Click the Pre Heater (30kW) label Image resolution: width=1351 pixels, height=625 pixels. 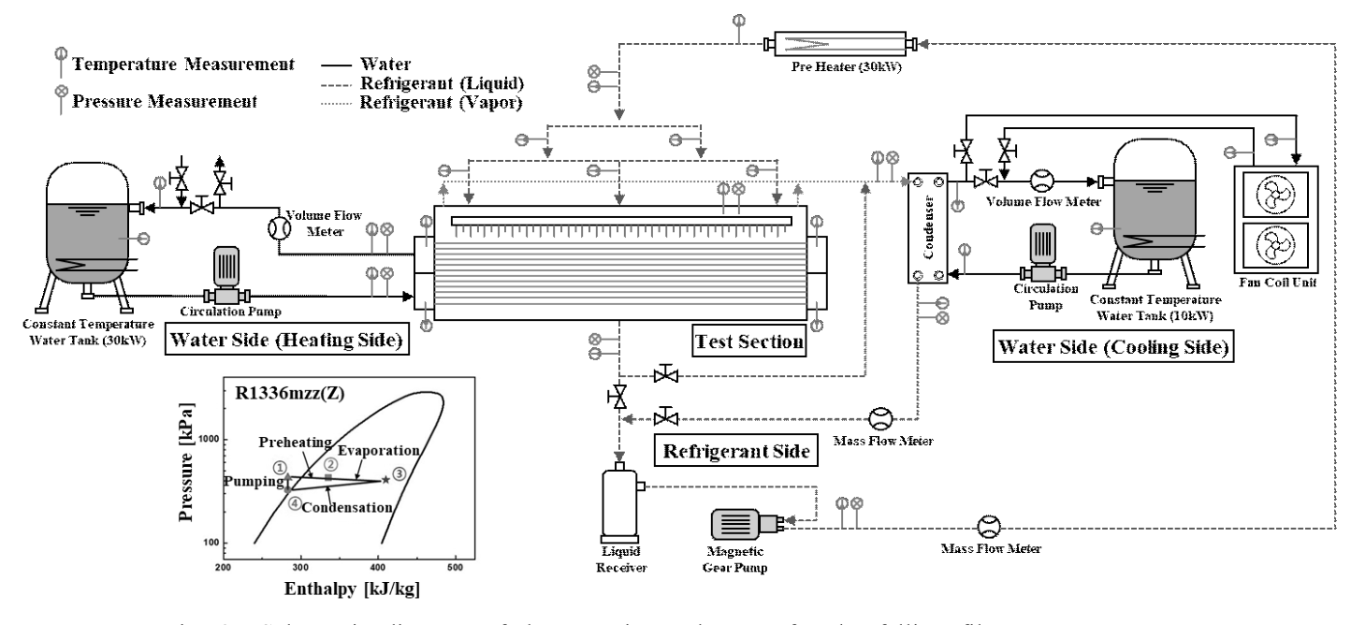tap(837, 65)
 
